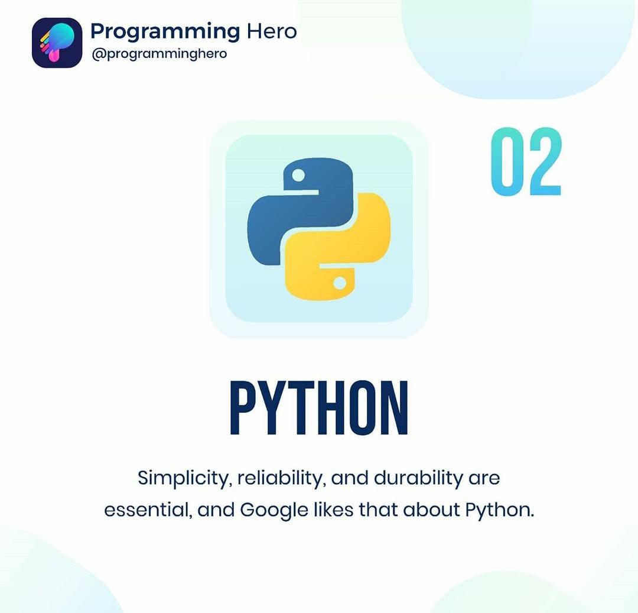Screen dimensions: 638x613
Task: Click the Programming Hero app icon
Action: point(57,43)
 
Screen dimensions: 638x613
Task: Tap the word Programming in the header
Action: point(165,33)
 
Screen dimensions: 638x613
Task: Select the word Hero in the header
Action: point(272,31)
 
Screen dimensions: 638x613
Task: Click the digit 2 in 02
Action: point(545,161)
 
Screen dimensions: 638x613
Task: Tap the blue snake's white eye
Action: point(298,176)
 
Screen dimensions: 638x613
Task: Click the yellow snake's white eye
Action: point(340,283)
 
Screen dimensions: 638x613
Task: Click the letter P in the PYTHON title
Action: point(244,407)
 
